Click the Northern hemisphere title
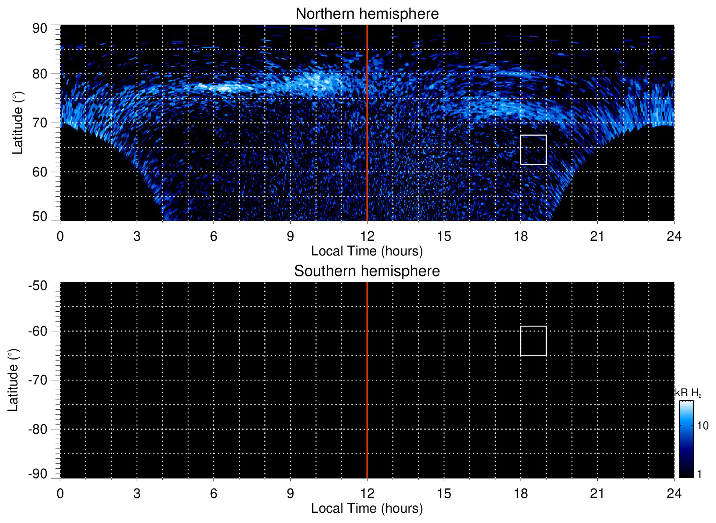(367, 14)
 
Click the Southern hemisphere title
(367, 271)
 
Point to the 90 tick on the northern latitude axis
(40, 29)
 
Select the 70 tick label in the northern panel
(40, 123)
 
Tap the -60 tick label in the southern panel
(38, 331)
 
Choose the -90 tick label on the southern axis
(38, 474)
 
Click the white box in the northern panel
(533, 150)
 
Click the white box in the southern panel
(533, 341)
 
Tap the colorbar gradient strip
(686, 439)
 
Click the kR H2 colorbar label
(688, 393)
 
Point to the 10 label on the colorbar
(702, 426)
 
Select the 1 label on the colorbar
(699, 474)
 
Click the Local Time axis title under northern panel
(367, 251)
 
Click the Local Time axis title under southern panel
(367, 508)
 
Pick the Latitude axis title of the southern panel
(13, 380)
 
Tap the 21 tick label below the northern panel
(597, 236)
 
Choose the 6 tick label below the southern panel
(214, 494)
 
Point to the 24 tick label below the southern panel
(674, 494)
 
